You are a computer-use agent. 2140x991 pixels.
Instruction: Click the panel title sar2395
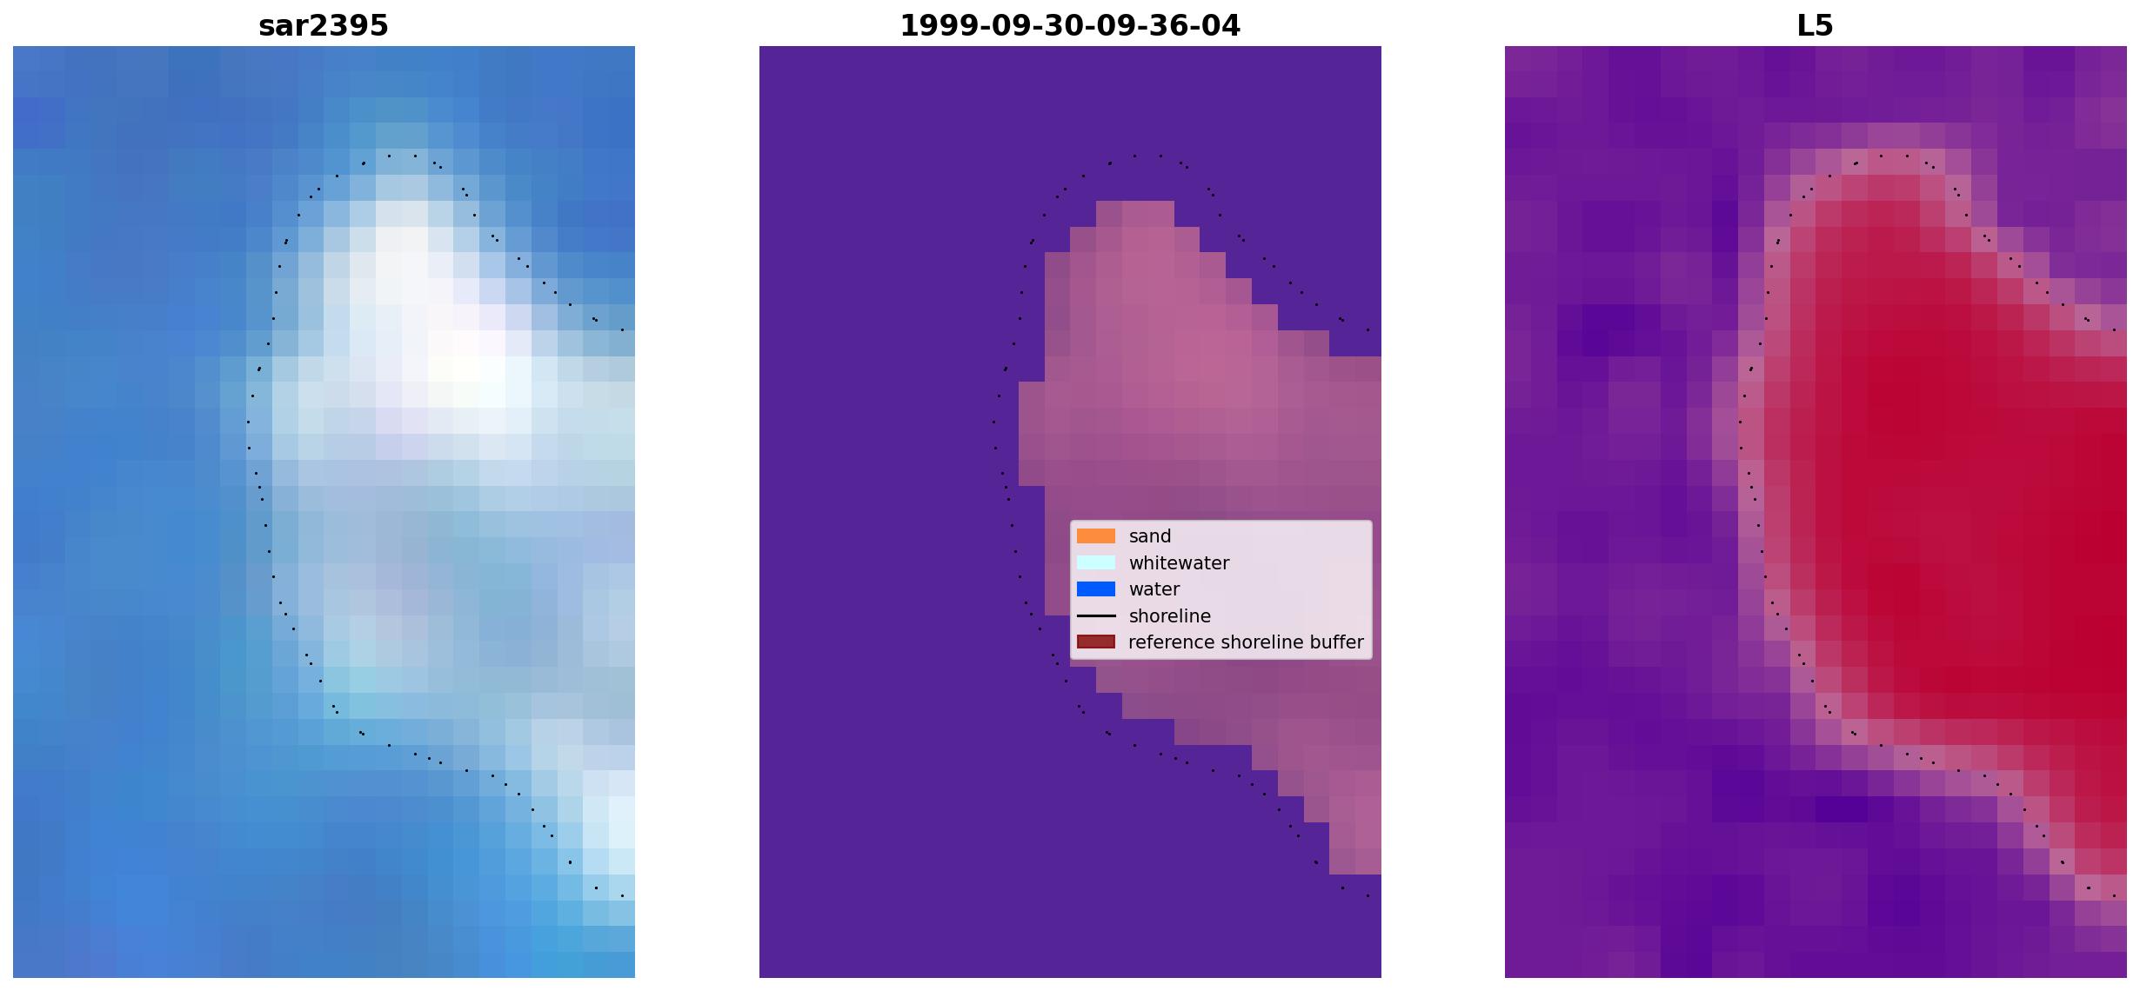tap(324, 26)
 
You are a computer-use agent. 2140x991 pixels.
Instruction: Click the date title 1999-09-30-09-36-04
tap(1070, 26)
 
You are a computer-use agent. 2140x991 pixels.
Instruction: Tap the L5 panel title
tap(1816, 26)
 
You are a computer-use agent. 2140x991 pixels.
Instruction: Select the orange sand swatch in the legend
tap(1096, 536)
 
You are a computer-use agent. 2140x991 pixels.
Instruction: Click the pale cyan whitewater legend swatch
tap(1096, 562)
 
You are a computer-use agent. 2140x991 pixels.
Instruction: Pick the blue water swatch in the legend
tap(1096, 589)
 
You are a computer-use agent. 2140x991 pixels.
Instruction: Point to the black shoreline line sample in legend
tap(1096, 616)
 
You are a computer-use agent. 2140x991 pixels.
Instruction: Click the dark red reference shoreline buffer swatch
tap(1096, 642)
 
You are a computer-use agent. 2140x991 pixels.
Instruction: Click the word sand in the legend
tap(1150, 536)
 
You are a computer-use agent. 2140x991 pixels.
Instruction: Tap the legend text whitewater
tap(1179, 563)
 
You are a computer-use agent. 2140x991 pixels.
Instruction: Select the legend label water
tap(1154, 589)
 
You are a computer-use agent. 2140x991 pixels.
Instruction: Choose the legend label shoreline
tap(1170, 616)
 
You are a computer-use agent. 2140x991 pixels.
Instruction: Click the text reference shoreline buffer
tap(1246, 642)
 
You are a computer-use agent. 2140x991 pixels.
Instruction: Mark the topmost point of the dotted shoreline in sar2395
tap(390, 156)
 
